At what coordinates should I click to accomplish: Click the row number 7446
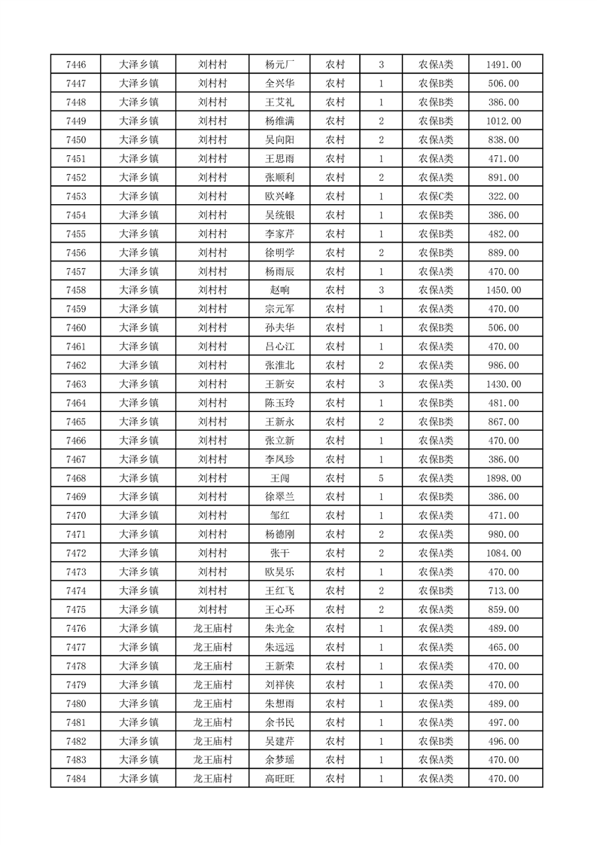coord(75,65)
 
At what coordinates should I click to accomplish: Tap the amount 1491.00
coord(504,65)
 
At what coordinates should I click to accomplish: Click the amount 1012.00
coord(504,121)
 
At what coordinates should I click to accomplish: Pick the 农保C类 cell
coord(436,197)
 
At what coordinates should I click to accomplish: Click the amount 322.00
coord(504,197)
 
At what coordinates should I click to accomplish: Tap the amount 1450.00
coord(504,290)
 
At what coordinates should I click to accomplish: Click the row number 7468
coord(75,478)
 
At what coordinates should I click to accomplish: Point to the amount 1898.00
coord(504,478)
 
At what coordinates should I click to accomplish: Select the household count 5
coord(382,478)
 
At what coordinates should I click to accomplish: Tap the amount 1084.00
coord(504,554)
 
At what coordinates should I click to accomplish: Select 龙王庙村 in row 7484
coord(212,779)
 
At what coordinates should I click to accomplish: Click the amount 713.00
coord(504,591)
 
